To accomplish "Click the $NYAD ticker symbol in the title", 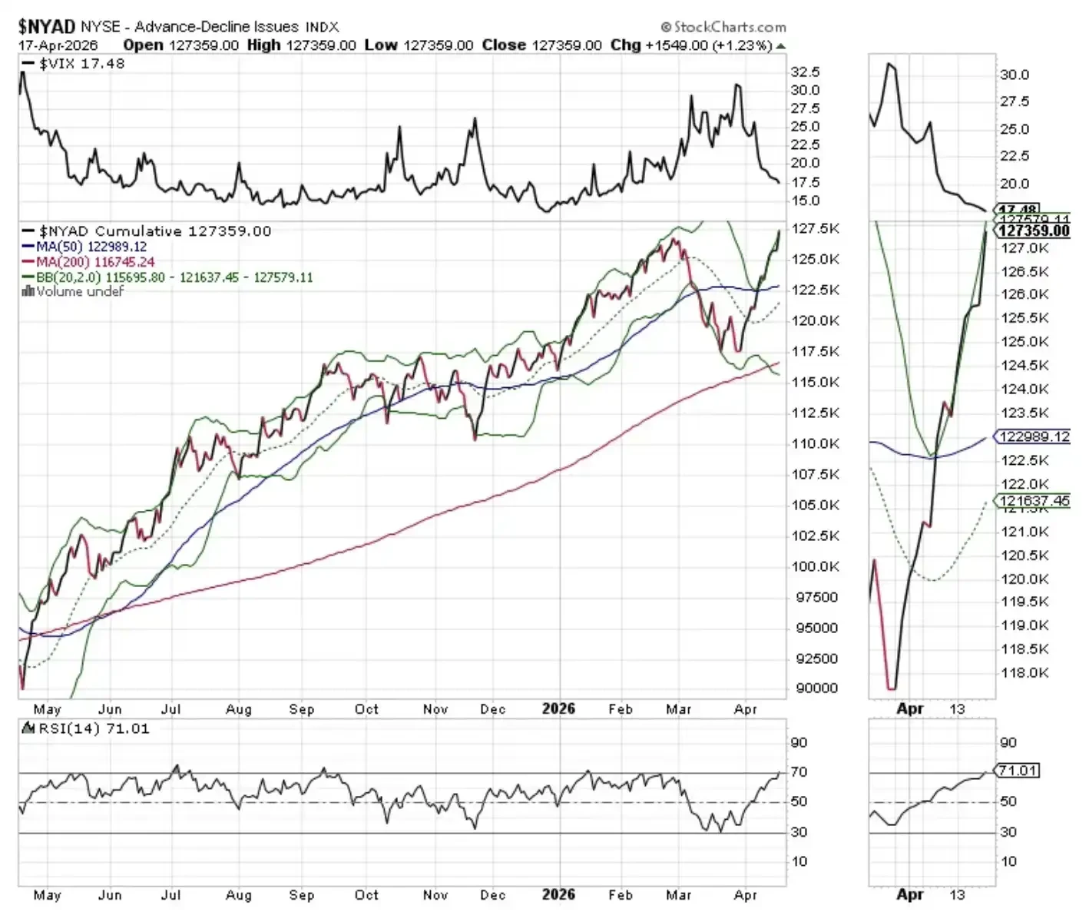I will tap(46, 27).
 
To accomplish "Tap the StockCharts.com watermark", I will tap(723, 27).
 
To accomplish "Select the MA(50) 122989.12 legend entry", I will tap(91, 247).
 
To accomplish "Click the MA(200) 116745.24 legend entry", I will tap(95, 262).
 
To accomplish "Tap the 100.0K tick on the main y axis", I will tap(816, 566).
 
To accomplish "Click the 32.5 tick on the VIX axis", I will tap(806, 71).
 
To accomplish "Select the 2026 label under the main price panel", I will tap(558, 708).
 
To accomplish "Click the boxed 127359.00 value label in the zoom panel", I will tap(1034, 230).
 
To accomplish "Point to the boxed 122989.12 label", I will tap(1034, 436).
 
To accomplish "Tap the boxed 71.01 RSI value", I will tap(1018, 770).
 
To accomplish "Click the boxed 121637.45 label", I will tap(1034, 501).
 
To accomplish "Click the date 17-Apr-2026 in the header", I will tap(58, 45).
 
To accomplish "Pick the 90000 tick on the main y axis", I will tap(816, 688).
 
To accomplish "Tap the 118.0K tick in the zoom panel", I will tap(1024, 673).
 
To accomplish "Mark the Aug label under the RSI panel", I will tap(239, 895).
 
